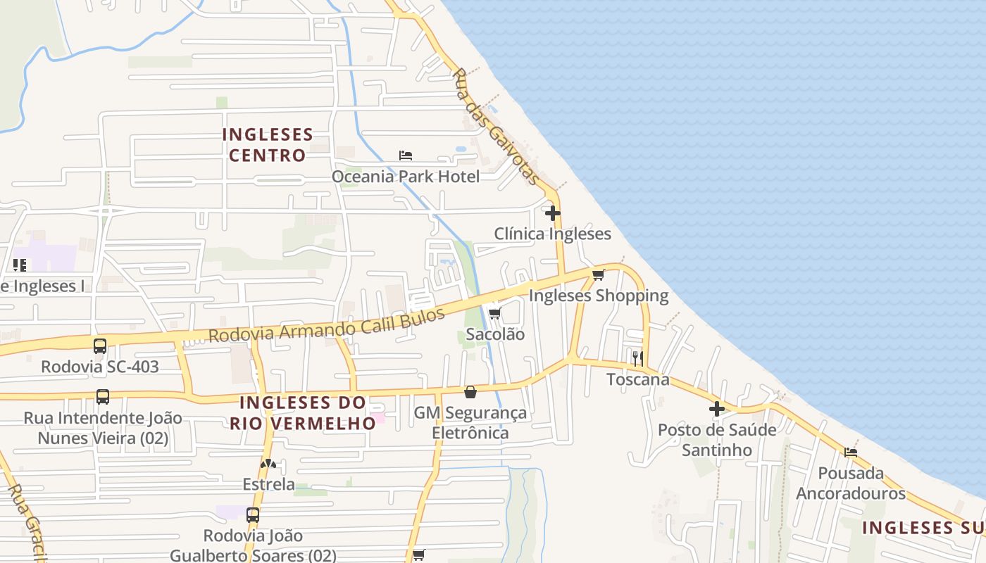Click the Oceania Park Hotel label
tap(406, 176)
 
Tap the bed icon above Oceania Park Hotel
tap(405, 155)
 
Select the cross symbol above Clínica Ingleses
tap(553, 213)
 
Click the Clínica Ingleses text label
tap(552, 234)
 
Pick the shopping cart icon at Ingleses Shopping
tap(598, 274)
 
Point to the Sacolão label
tap(495, 334)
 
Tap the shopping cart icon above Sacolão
tap(494, 314)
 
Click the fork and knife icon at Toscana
tap(637, 358)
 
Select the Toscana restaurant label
tap(638, 379)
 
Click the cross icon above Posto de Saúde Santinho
tap(717, 409)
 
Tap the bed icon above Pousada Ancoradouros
tap(851, 452)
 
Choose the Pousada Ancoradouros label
tap(851, 483)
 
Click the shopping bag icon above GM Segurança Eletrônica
tap(470, 392)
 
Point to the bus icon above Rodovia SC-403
tap(100, 346)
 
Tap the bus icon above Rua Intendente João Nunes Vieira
tap(103, 397)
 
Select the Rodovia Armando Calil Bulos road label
tap(327, 326)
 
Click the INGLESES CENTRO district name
tap(268, 144)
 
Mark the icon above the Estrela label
tap(268, 464)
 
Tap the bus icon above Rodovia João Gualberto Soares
tap(253, 514)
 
